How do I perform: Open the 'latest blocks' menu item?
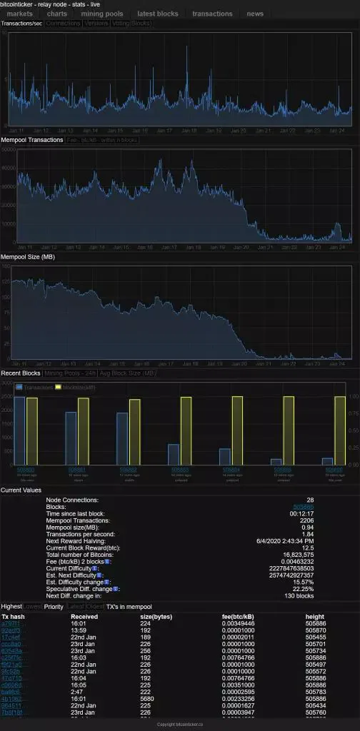tap(158, 14)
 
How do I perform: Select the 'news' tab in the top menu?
tap(255, 14)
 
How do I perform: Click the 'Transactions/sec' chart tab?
tap(21, 24)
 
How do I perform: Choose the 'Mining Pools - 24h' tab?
tap(70, 373)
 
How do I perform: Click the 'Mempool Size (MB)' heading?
tap(28, 256)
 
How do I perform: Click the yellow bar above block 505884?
tap(236, 430)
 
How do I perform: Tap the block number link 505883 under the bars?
tap(180, 470)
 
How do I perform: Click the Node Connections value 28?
tap(309, 500)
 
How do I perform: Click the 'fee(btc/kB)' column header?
tap(239, 616)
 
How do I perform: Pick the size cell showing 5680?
tap(146, 699)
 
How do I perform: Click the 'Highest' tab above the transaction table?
tap(11, 606)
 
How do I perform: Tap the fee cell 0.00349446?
tap(239, 623)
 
